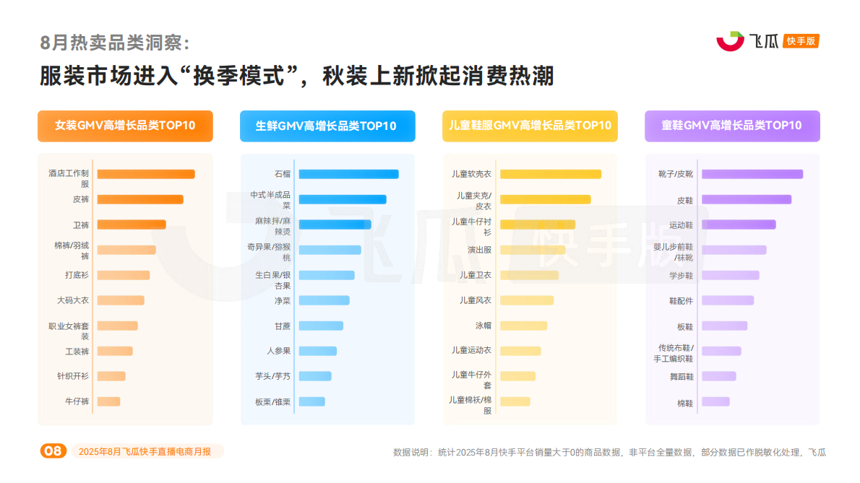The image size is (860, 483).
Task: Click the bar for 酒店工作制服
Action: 145,174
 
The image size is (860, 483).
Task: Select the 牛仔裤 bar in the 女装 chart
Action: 108,401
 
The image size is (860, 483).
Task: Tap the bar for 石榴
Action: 348,174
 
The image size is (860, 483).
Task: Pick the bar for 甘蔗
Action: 321,326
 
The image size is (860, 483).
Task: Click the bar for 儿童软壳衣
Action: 550,174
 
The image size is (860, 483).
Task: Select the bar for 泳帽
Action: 523,326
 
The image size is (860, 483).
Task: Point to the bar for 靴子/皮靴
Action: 752,174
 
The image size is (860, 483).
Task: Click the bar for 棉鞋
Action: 715,401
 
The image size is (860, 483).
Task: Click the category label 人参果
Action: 278,351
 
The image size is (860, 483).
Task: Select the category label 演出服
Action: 479,250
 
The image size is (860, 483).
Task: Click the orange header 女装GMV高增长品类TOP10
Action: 125,126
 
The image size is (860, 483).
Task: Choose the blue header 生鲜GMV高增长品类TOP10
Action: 327,126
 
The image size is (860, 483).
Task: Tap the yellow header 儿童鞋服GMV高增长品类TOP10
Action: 530,126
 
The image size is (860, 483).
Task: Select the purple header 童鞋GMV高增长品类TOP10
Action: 731,126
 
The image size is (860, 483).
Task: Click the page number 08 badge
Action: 53,451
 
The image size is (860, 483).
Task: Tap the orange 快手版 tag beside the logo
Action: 801,41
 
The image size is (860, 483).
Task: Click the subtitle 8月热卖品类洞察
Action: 115,43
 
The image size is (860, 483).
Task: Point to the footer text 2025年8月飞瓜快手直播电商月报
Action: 145,451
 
